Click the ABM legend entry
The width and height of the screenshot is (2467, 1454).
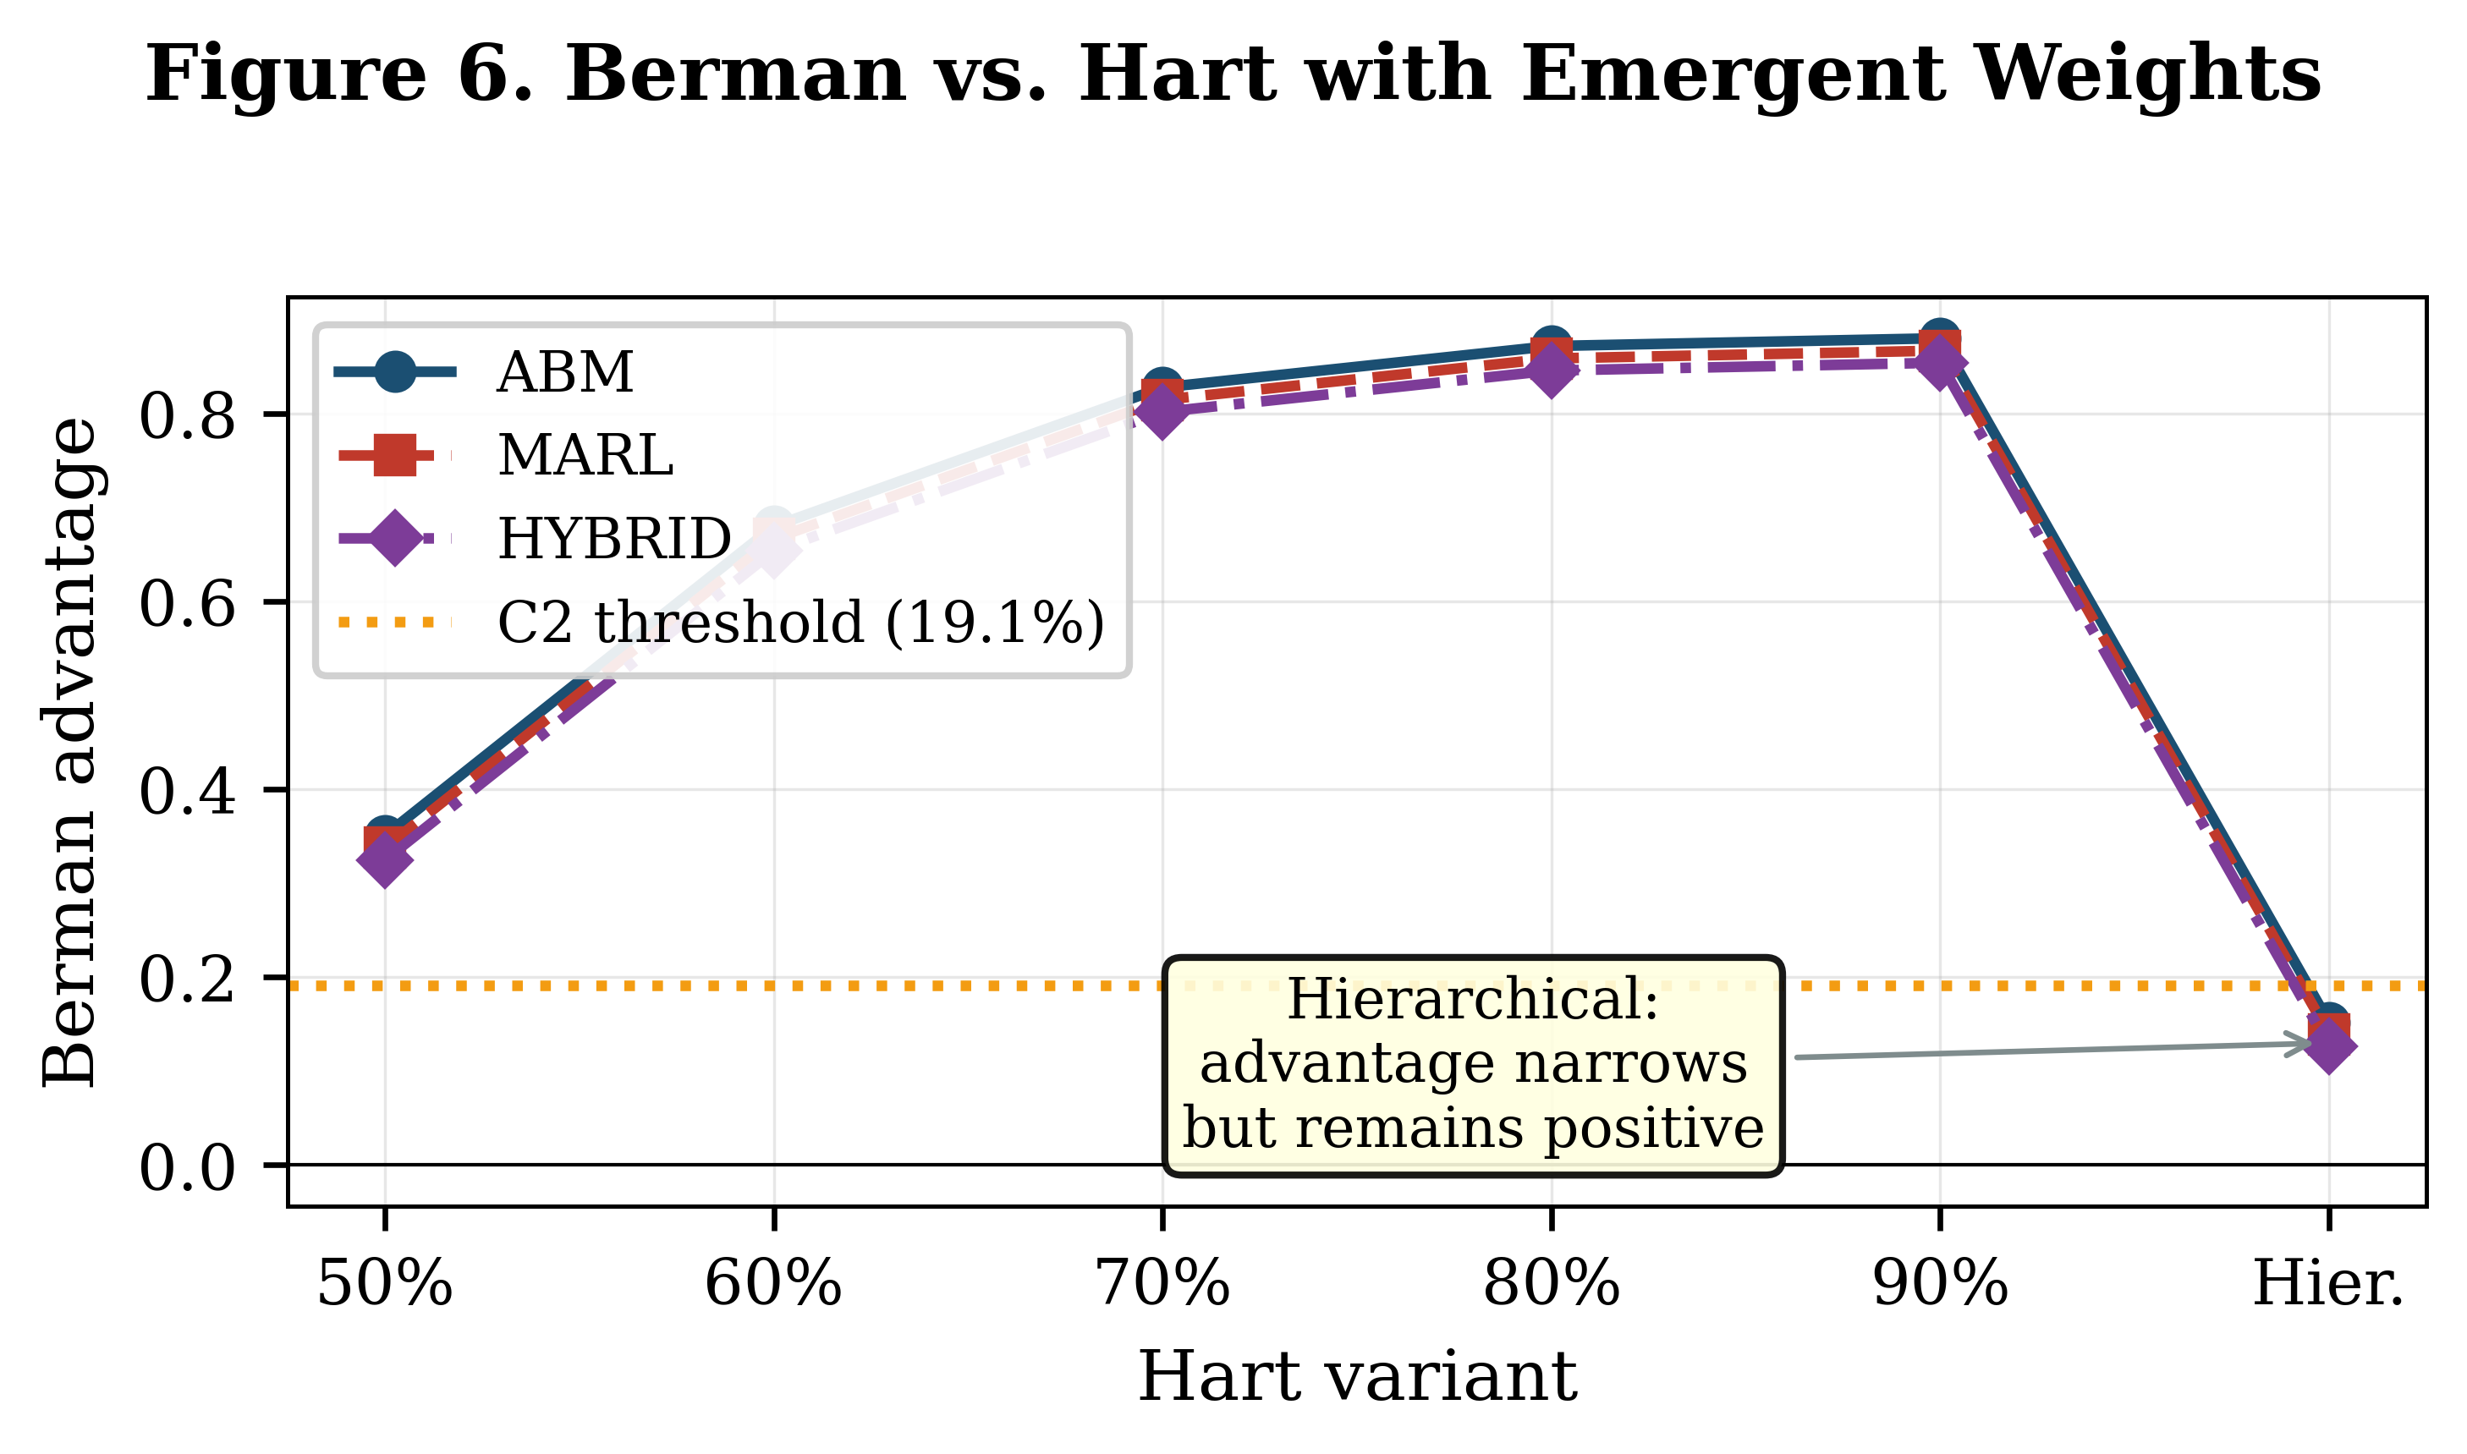coord(565,372)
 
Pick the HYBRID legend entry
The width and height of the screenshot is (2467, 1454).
coord(613,539)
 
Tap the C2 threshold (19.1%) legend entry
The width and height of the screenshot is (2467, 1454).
coord(800,623)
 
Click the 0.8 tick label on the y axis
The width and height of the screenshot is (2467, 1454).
coord(187,416)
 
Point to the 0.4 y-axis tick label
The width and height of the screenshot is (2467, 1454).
coord(187,792)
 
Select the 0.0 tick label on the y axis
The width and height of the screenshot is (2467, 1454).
coord(187,1168)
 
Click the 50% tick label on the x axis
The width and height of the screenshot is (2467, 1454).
coord(384,1285)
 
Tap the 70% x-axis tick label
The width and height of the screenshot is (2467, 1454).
coord(1162,1285)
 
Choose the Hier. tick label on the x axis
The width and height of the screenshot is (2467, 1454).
coord(2328,1285)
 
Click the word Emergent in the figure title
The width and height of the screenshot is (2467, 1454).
coord(1732,75)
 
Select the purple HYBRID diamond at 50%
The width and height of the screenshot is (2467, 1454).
coord(384,859)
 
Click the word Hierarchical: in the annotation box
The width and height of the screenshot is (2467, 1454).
coord(1471,1001)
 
